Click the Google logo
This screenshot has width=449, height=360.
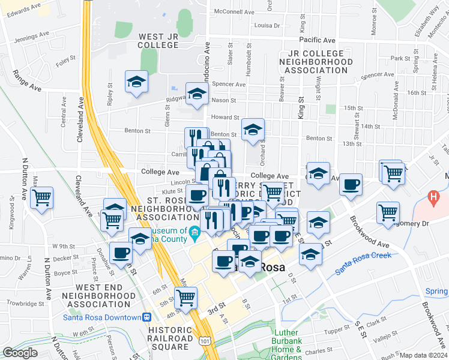tap(20, 353)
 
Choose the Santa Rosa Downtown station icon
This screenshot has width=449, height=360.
tap(146, 317)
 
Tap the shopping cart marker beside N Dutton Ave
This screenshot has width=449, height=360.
tap(41, 197)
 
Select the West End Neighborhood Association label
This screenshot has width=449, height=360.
tap(99, 296)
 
